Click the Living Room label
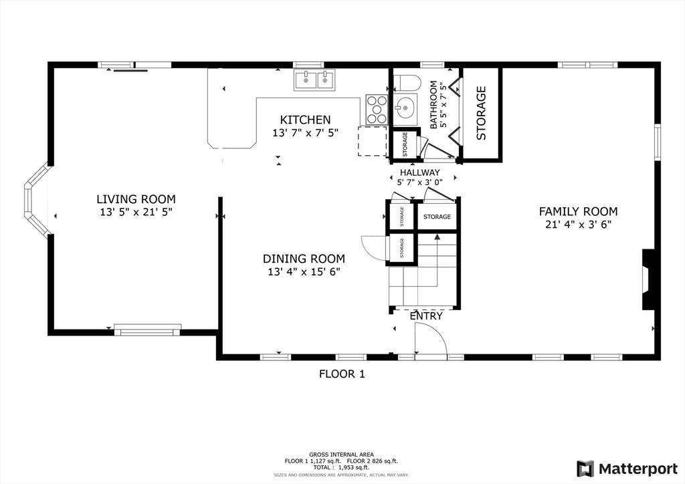136,199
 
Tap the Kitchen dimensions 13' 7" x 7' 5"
305,132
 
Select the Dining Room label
304,258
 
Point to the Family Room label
578,211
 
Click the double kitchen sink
314,80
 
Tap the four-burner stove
377,110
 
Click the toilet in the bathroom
406,82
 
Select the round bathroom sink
405,106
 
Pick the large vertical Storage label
481,113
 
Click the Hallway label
420,172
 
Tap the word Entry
426,316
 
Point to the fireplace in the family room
648,279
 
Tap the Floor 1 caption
342,374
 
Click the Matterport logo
627,469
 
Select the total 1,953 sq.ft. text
341,467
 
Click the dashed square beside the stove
372,141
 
